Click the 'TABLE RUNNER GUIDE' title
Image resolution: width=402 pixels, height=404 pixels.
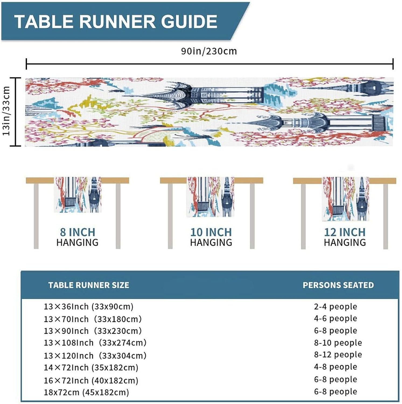pyautogui.click(x=116, y=22)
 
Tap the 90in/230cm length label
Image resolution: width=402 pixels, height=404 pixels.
pyautogui.click(x=209, y=51)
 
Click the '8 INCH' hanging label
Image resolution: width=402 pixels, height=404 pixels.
pyautogui.click(x=78, y=232)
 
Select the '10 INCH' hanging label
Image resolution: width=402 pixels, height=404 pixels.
pyautogui.click(x=211, y=232)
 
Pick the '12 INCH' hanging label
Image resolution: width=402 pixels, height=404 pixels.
pyautogui.click(x=345, y=232)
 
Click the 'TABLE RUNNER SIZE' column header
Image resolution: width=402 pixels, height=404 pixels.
pyautogui.click(x=89, y=285)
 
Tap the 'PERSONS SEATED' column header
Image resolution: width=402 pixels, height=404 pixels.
pyautogui.click(x=338, y=285)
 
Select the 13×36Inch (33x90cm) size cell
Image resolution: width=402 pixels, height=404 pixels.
pyautogui.click(x=89, y=307)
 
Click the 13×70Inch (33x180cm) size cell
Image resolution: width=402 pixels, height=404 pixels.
pyautogui.click(x=93, y=319)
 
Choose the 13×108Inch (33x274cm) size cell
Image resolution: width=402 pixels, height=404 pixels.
pyautogui.click(x=95, y=343)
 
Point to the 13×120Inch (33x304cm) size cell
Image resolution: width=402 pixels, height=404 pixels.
pyautogui.click(x=95, y=356)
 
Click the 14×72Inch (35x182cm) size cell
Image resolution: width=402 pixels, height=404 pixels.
pyautogui.click(x=91, y=367)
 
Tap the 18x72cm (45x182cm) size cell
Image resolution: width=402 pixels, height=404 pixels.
pyautogui.click(x=86, y=392)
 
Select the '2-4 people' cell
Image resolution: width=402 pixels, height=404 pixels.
pyautogui.click(x=335, y=307)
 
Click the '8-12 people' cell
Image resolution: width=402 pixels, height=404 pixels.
pyautogui.click(x=338, y=354)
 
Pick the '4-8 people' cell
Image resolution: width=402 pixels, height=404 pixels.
pyautogui.click(x=335, y=367)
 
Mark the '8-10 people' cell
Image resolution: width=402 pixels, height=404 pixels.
pyautogui.click(x=338, y=343)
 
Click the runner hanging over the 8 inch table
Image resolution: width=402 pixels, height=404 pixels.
pyautogui.click(x=78, y=194)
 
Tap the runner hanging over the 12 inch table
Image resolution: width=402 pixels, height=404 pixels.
pyautogui.click(x=345, y=199)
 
